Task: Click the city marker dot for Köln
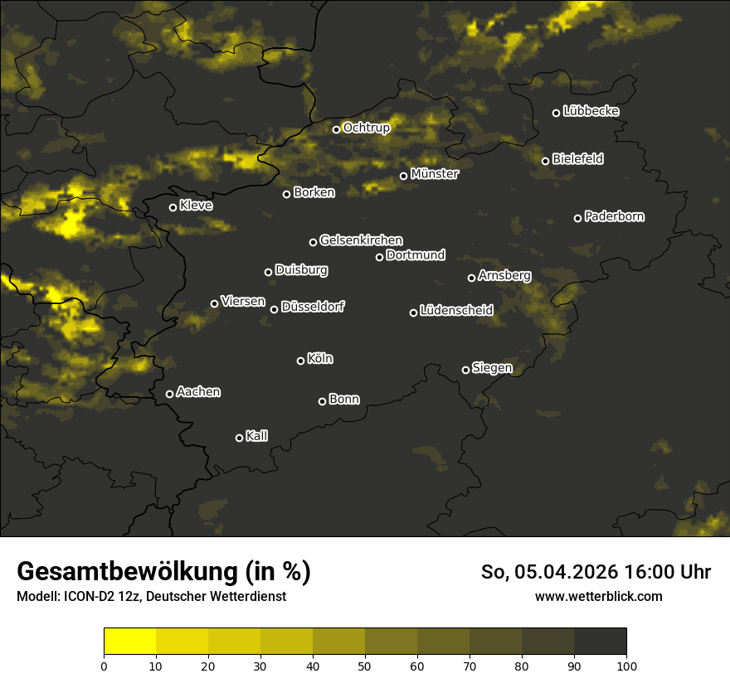[x=300, y=361]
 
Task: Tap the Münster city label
[x=435, y=174]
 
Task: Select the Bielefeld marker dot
[x=545, y=161]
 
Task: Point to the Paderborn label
[x=615, y=216]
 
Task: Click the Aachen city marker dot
[x=169, y=394]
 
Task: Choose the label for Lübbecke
[x=591, y=111]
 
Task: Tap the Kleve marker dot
[x=173, y=207]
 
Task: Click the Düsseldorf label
[x=313, y=307]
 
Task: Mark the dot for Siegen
[x=465, y=370]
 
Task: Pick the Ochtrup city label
[x=367, y=128]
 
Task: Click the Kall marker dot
[x=239, y=438]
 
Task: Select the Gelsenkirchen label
[x=361, y=240]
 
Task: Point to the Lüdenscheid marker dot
[x=413, y=313]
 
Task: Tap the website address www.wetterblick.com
[x=599, y=596]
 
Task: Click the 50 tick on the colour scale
[x=365, y=665]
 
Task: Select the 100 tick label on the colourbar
[x=626, y=665]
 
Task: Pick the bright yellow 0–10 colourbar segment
[x=130, y=642]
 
